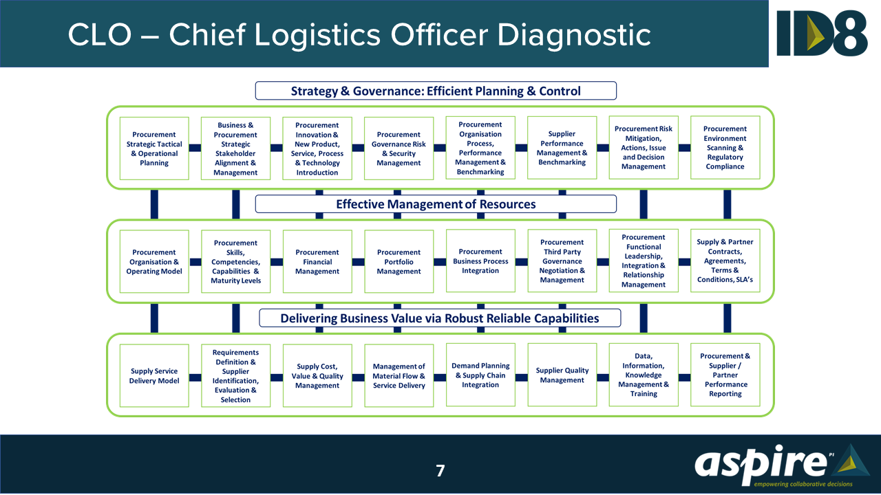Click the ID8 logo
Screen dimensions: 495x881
[x=822, y=33]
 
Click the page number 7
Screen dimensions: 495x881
[x=440, y=471]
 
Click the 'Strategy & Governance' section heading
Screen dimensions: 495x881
[x=436, y=91]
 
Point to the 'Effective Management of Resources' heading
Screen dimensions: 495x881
[x=436, y=204]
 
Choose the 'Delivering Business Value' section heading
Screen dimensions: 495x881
[x=440, y=318]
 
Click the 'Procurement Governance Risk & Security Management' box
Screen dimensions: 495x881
[x=399, y=148]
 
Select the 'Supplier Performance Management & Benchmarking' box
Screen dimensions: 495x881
[x=562, y=148]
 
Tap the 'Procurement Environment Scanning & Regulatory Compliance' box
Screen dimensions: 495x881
[x=725, y=148]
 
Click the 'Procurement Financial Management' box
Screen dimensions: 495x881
[x=317, y=262]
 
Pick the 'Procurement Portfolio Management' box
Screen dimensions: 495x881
[x=399, y=262]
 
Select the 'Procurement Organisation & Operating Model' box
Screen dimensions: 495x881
[x=154, y=262]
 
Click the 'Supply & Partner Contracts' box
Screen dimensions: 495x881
[x=725, y=261]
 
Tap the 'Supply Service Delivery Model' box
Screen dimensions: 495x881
[x=154, y=376]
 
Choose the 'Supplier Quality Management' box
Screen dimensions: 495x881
[x=562, y=375]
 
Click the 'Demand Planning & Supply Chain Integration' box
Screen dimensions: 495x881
[x=480, y=375]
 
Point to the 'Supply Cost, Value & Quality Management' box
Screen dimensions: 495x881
[x=317, y=376]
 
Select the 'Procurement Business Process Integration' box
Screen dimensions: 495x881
[x=480, y=261]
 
